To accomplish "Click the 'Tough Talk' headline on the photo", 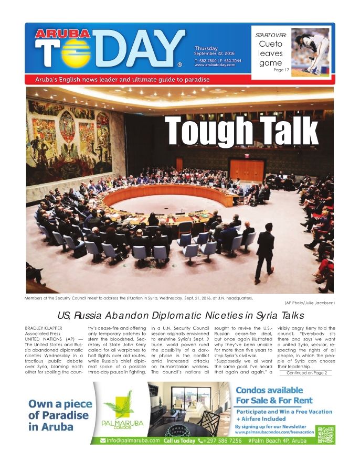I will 241,129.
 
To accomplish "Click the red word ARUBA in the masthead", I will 55,34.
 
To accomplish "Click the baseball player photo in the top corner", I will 310,51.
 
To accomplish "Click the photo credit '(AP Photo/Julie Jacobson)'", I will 309,303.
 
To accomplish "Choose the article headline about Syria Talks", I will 181,315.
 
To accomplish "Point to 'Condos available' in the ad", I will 269,390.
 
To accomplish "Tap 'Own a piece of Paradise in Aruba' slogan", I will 60,415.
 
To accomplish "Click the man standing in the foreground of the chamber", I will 264,255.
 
